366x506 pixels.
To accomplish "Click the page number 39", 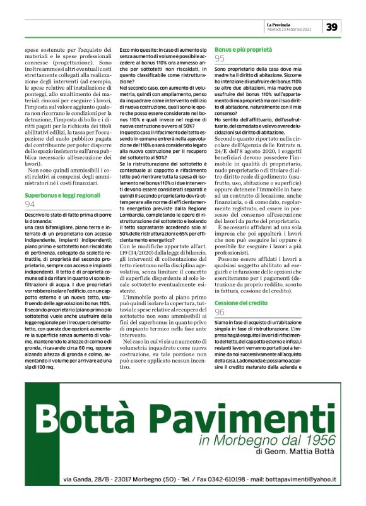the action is tap(333, 27).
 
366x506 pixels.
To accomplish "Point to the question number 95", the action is tap(220, 58).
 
